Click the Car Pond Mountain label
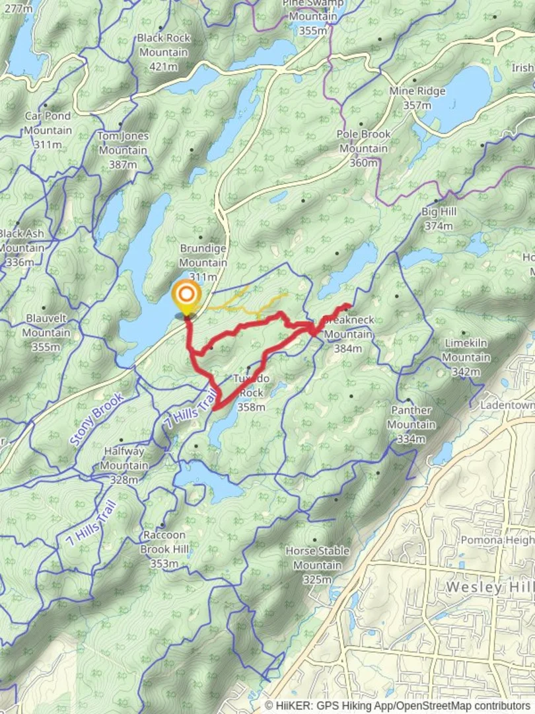pyautogui.click(x=48, y=130)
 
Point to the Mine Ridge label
pyautogui.click(x=417, y=98)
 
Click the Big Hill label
pyautogui.click(x=439, y=219)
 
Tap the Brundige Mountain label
pyautogui.click(x=203, y=262)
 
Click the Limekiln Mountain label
pyautogui.click(x=466, y=358)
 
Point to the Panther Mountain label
pyautogui.click(x=411, y=424)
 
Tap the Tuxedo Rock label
pyautogui.click(x=251, y=393)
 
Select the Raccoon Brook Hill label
pyautogui.click(x=164, y=549)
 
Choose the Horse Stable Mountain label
pyautogui.click(x=317, y=565)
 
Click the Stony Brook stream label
pyautogui.click(x=96, y=419)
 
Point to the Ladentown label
pyautogui.click(x=507, y=404)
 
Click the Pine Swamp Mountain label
pyautogui.click(x=312, y=17)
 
